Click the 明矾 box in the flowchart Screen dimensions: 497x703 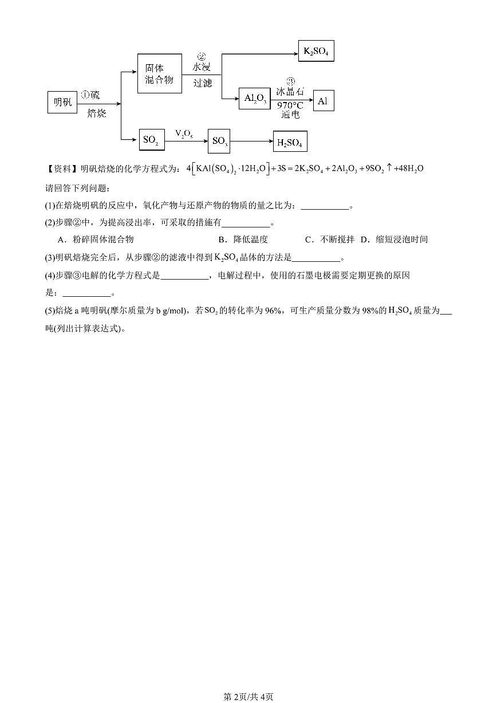click(x=62, y=102)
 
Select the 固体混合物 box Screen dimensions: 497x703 click(x=159, y=73)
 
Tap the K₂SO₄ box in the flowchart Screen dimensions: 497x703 click(x=315, y=51)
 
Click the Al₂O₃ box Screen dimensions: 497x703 click(x=254, y=99)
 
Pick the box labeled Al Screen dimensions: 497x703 click(x=323, y=101)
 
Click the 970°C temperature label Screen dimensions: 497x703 click(x=290, y=105)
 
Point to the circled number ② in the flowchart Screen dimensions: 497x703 click(x=202, y=57)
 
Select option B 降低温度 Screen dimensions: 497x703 click(x=243, y=239)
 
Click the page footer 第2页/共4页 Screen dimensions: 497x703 click(x=248, y=697)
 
